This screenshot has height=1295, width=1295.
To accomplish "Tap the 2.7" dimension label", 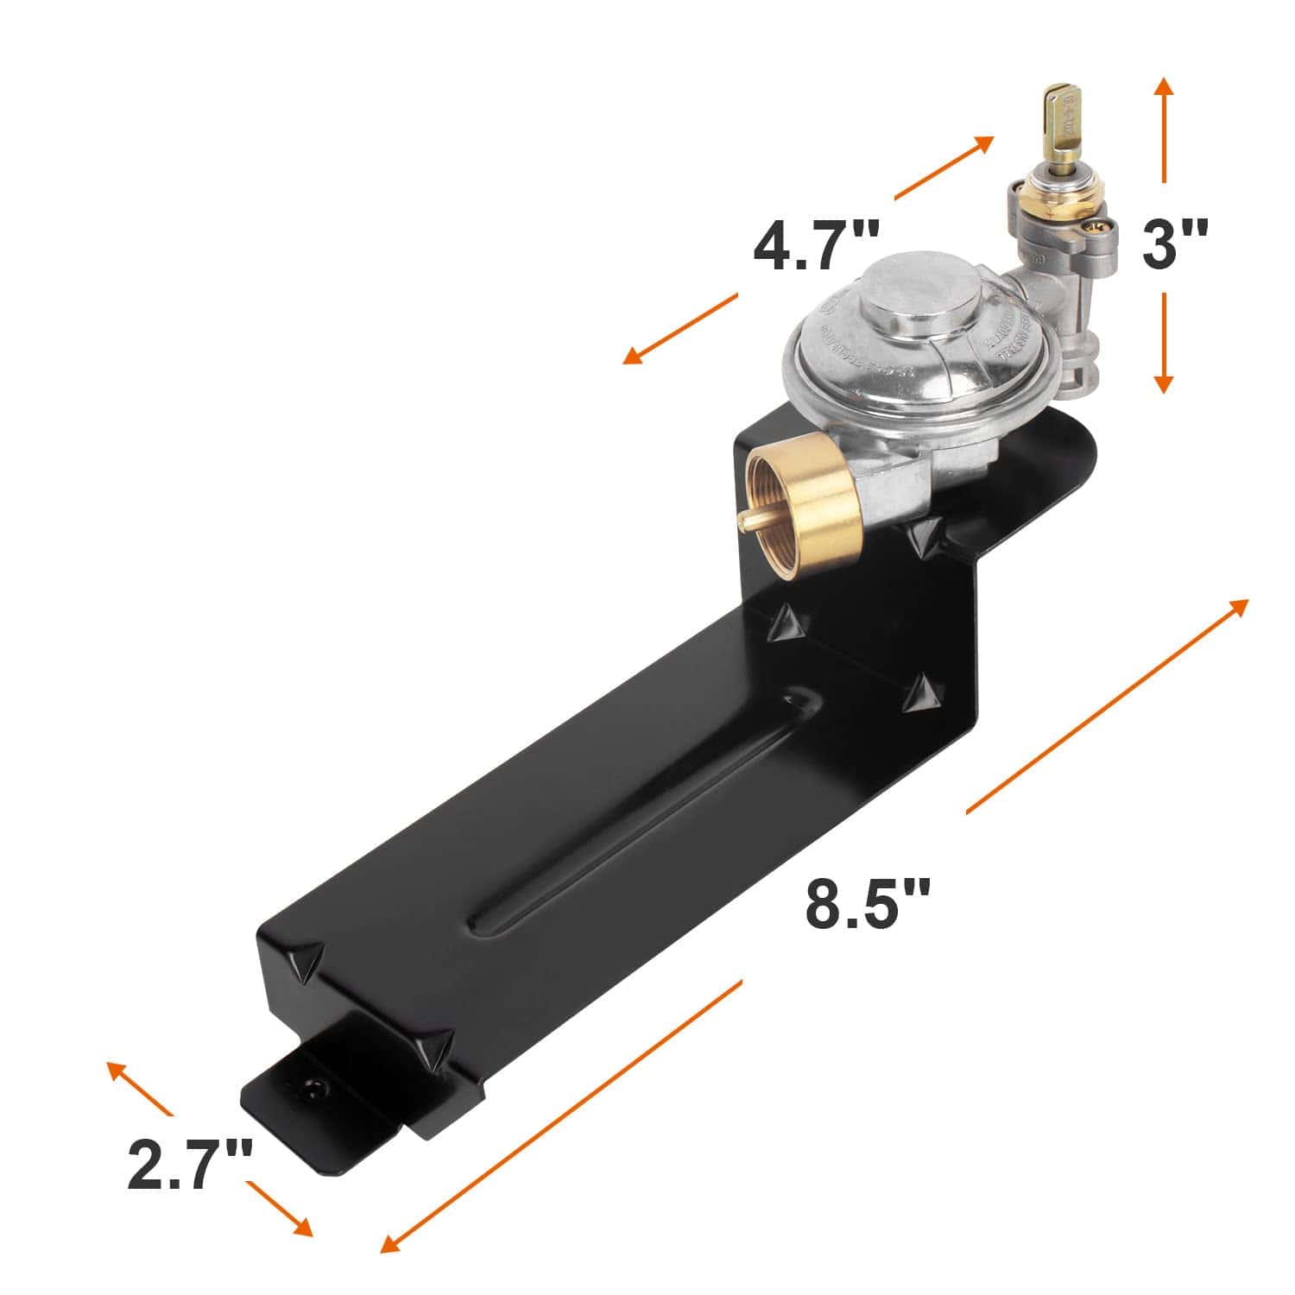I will tap(190, 1165).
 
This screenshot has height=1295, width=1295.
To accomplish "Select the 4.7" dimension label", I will tap(816, 246).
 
